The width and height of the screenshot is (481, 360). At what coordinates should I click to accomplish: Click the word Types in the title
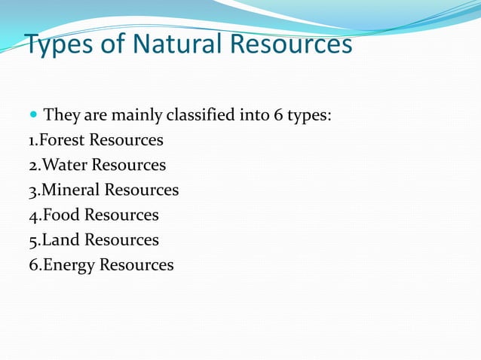[60, 44]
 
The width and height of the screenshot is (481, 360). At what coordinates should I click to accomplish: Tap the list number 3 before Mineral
[32, 190]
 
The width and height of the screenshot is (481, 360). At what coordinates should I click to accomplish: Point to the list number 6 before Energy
[32, 264]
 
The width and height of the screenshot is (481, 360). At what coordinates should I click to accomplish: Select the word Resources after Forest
[126, 140]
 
